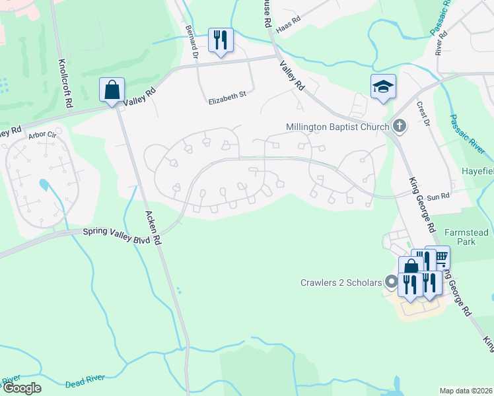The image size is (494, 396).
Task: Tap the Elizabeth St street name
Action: pos(227,95)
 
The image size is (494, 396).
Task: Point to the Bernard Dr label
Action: pos(192,42)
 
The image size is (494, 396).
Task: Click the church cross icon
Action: pos(399,125)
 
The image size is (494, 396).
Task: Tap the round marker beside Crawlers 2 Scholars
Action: pos(391,282)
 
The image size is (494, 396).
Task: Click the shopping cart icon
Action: pos(437,256)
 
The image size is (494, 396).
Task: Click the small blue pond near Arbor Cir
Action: pos(44,184)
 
